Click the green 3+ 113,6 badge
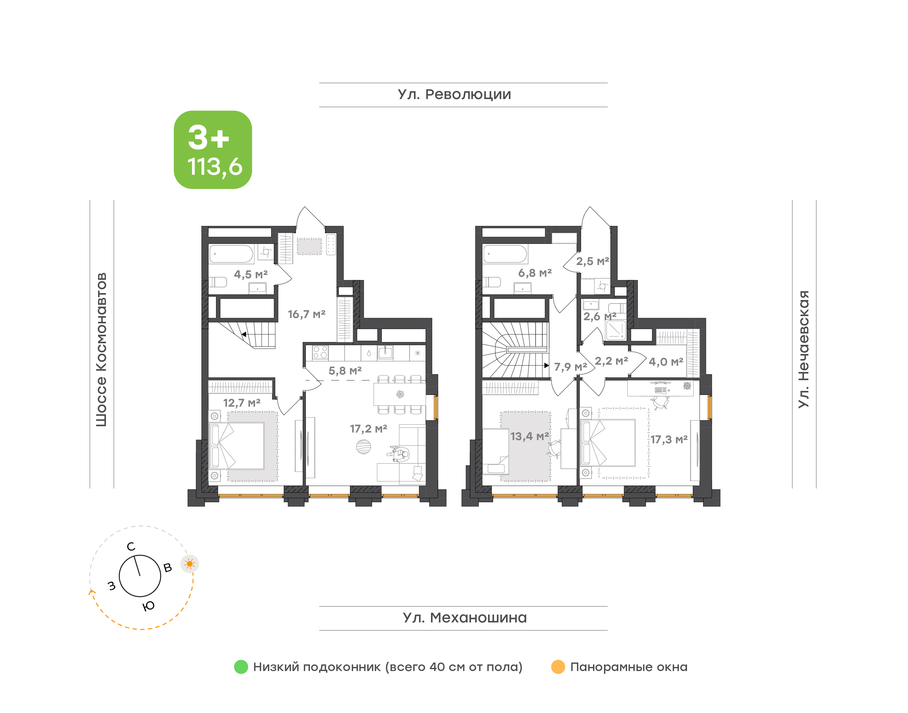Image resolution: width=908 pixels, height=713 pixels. pyautogui.click(x=213, y=150)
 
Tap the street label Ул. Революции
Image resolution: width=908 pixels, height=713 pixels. pyautogui.click(x=454, y=94)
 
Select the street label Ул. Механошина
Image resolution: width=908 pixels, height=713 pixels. pyautogui.click(x=465, y=617)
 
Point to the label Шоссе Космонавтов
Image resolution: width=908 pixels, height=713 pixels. pyautogui.click(x=101, y=350)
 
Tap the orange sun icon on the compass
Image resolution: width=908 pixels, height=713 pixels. pyautogui.click(x=190, y=564)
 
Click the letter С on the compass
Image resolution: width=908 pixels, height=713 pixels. pyautogui.click(x=131, y=546)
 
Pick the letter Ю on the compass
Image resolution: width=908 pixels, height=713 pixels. pyautogui.click(x=148, y=606)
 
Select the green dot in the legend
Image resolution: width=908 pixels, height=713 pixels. pyautogui.click(x=241, y=667)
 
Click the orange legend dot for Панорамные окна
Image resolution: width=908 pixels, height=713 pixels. pyautogui.click(x=558, y=667)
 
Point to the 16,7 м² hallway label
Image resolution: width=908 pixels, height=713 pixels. pyautogui.click(x=306, y=314)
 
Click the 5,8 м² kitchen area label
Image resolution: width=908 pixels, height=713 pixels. pyautogui.click(x=345, y=370)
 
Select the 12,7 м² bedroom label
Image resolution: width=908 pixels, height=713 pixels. pyautogui.click(x=242, y=403)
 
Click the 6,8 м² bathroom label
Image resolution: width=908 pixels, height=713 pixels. pyautogui.click(x=535, y=273)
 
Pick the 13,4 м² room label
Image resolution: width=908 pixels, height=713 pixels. pyautogui.click(x=529, y=436)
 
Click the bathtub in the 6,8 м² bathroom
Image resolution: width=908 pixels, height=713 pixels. pyautogui.click(x=505, y=254)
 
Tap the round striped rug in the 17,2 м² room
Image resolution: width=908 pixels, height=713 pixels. pyautogui.click(x=363, y=447)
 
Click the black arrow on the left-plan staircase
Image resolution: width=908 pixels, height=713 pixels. pyautogui.click(x=244, y=334)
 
